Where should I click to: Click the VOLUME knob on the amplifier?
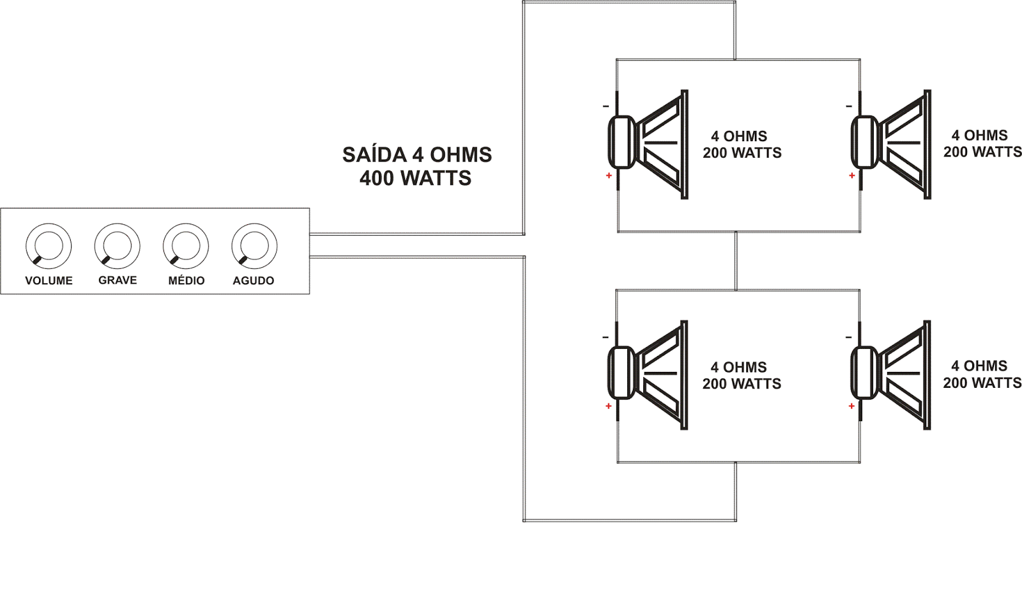pyautogui.click(x=49, y=246)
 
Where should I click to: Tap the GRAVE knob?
pyautogui.click(x=117, y=246)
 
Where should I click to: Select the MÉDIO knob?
pyautogui.click(x=186, y=246)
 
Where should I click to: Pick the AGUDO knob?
pyautogui.click(x=254, y=246)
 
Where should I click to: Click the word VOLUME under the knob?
pyautogui.click(x=49, y=280)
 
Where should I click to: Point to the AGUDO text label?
pyautogui.click(x=254, y=280)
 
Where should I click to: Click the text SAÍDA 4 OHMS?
pyautogui.click(x=417, y=155)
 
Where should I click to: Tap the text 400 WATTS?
pyautogui.click(x=415, y=178)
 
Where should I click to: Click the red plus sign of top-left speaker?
pyautogui.click(x=609, y=176)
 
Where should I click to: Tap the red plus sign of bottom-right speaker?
pyautogui.click(x=851, y=406)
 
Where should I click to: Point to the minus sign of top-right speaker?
pyautogui.click(x=849, y=106)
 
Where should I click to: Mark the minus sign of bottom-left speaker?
pyautogui.click(x=606, y=337)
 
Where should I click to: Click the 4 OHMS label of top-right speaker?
pyautogui.click(x=979, y=135)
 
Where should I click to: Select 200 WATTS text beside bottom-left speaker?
pyautogui.click(x=742, y=384)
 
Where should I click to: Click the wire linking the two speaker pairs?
pyautogui.click(x=736, y=261)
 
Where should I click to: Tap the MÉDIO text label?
pyautogui.click(x=187, y=280)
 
